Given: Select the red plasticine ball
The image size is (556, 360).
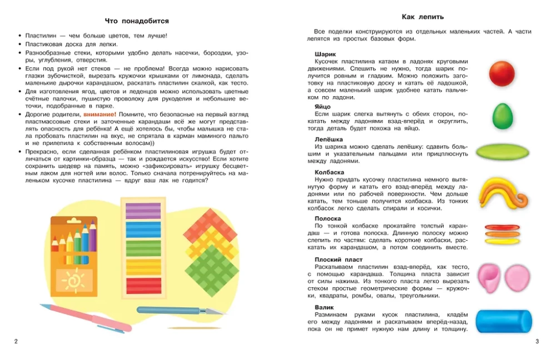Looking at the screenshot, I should (502, 73).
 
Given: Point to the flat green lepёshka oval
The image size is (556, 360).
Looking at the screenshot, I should (503, 151).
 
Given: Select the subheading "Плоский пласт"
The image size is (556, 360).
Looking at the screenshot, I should (338, 259).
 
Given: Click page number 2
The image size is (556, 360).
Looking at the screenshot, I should (16, 341).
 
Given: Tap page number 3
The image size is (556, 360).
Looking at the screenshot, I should (537, 341).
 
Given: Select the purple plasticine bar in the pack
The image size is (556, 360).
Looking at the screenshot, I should (143, 211).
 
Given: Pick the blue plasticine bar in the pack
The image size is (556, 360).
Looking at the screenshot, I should (143, 229).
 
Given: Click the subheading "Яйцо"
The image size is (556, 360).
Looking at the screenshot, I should (322, 106).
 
